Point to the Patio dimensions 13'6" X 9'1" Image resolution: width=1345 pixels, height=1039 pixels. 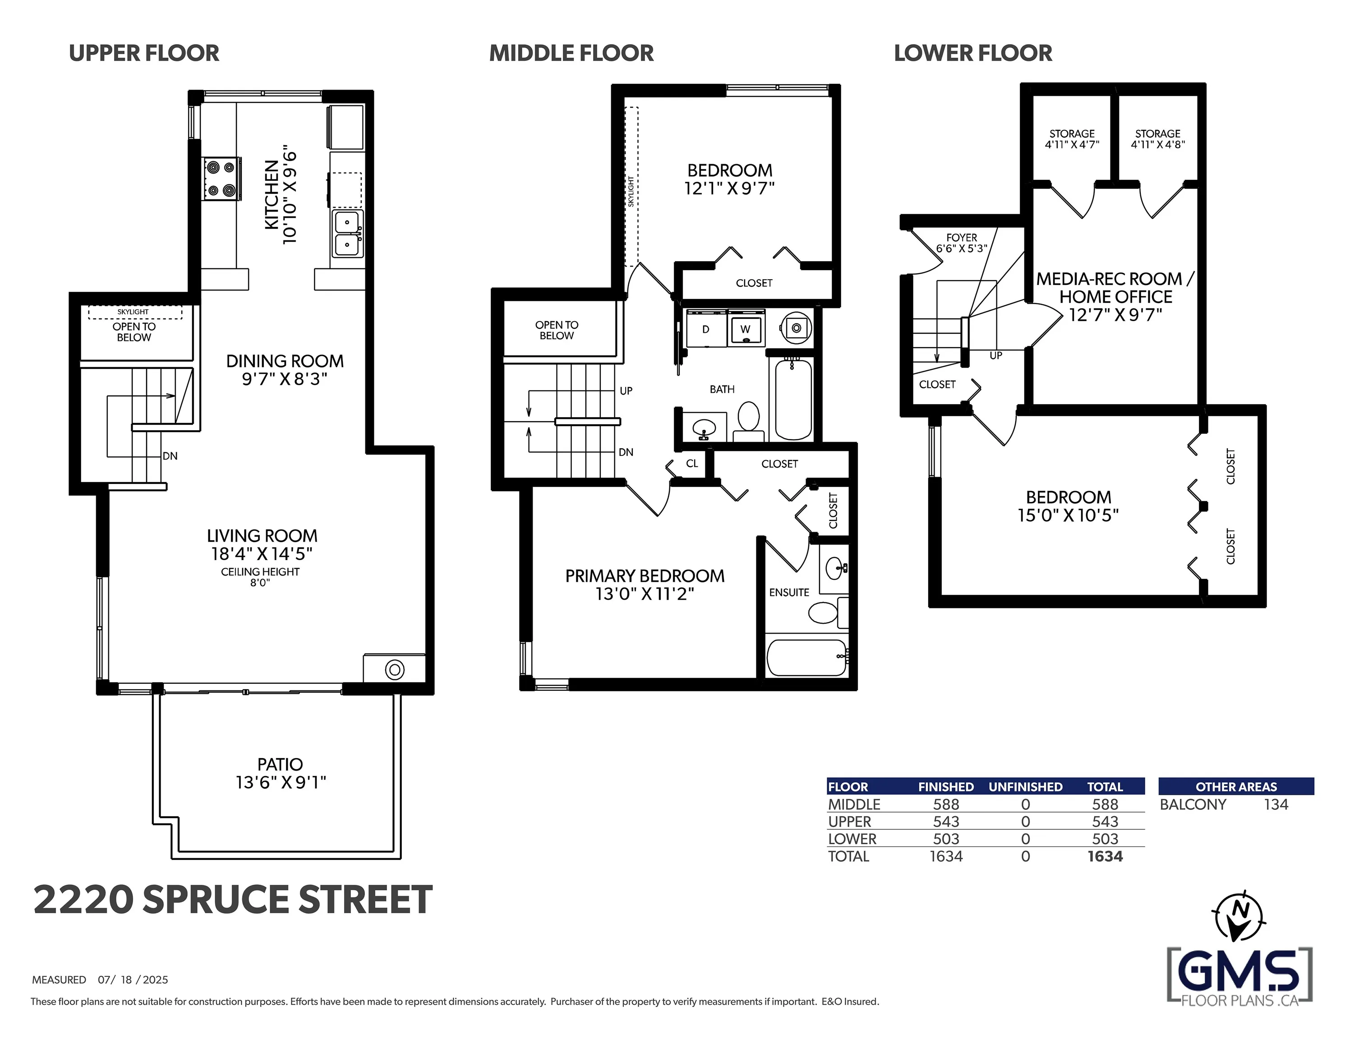tap(281, 782)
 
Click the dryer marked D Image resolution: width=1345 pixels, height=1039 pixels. tap(706, 329)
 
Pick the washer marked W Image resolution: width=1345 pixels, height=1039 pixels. tap(746, 329)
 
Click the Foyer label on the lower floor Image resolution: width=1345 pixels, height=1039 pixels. tap(961, 238)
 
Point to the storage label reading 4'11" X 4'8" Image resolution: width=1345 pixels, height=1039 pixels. tap(1158, 145)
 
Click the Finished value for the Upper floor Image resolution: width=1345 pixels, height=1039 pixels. tap(946, 822)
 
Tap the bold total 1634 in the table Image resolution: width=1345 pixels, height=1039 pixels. tap(1105, 856)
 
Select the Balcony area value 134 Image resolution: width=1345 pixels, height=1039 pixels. tap(1276, 805)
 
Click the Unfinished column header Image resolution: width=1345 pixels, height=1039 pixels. tap(1025, 786)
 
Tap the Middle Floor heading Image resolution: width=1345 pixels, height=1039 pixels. tap(571, 54)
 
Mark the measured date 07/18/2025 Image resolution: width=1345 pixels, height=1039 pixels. tap(133, 980)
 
